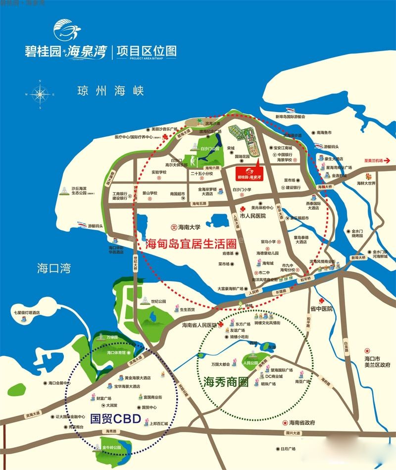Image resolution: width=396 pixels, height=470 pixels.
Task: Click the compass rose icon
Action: [39, 93]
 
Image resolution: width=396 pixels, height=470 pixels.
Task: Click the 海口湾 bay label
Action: [54, 269]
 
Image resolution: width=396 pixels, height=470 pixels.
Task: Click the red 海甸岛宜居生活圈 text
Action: [190, 244]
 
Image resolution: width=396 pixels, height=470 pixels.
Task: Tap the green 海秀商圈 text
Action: [226, 383]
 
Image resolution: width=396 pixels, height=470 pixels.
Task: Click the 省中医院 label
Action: [321, 308]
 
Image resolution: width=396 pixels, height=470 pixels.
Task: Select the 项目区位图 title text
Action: [147, 51]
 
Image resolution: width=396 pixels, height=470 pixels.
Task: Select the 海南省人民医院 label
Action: [200, 325]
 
